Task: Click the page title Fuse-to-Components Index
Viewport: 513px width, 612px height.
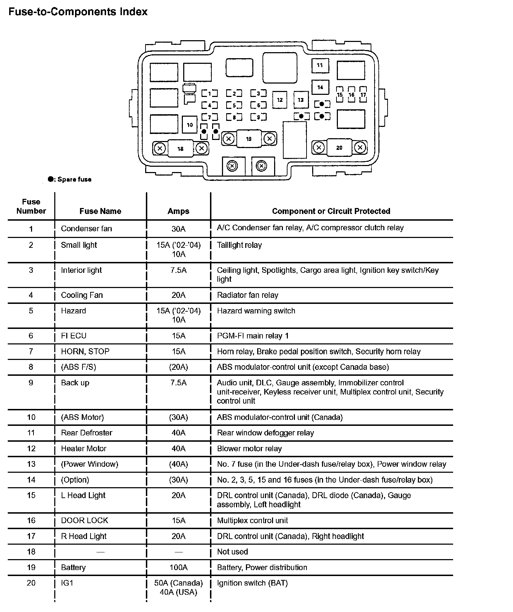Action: [x=78, y=12]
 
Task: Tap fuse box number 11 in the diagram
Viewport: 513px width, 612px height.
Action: [x=320, y=66]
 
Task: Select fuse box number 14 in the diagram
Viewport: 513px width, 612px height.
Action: [x=320, y=87]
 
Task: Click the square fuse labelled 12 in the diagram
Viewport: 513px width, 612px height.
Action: [x=280, y=100]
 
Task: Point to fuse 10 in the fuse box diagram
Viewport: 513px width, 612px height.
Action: [x=190, y=125]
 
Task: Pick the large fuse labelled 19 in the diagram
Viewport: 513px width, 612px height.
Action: [x=249, y=139]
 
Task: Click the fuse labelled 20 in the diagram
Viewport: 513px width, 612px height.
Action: [x=339, y=148]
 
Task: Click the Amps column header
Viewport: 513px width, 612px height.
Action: [x=178, y=211]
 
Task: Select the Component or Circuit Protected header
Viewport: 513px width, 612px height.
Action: [x=331, y=211]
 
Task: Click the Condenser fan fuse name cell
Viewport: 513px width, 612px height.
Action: [x=86, y=228]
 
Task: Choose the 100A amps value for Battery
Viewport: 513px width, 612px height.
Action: [x=178, y=567]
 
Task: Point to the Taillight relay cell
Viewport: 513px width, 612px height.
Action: [x=239, y=245]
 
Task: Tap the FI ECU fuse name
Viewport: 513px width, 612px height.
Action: [x=74, y=336]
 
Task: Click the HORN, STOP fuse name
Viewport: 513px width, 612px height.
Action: [x=85, y=351]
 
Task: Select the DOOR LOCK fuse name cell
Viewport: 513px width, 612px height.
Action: [x=85, y=520]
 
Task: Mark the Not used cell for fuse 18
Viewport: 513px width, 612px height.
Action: [x=232, y=552]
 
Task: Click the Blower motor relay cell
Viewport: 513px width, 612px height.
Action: [x=249, y=448]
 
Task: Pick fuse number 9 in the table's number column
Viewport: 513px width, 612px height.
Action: [x=31, y=383]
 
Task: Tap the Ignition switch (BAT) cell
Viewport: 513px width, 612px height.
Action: [x=252, y=583]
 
